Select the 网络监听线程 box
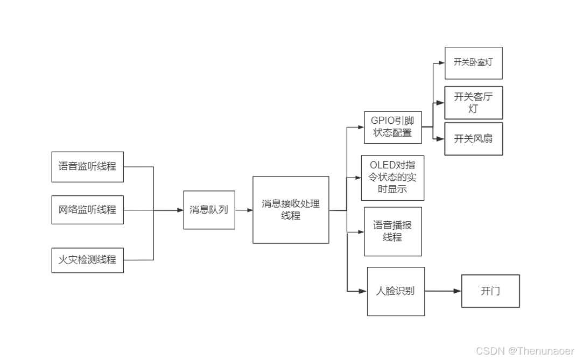(x=87, y=210)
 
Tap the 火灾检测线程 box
(x=87, y=260)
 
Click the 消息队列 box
(x=209, y=210)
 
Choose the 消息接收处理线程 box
(x=291, y=210)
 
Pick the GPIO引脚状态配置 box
(x=392, y=127)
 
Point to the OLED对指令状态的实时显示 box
(x=392, y=177)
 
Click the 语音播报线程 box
(x=392, y=231)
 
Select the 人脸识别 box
(x=396, y=291)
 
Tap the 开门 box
(x=490, y=291)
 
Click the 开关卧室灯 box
(x=473, y=62)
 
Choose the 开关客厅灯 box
(x=473, y=102)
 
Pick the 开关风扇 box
(x=473, y=139)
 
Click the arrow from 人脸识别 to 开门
(x=442, y=291)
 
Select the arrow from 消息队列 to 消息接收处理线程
(x=244, y=210)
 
